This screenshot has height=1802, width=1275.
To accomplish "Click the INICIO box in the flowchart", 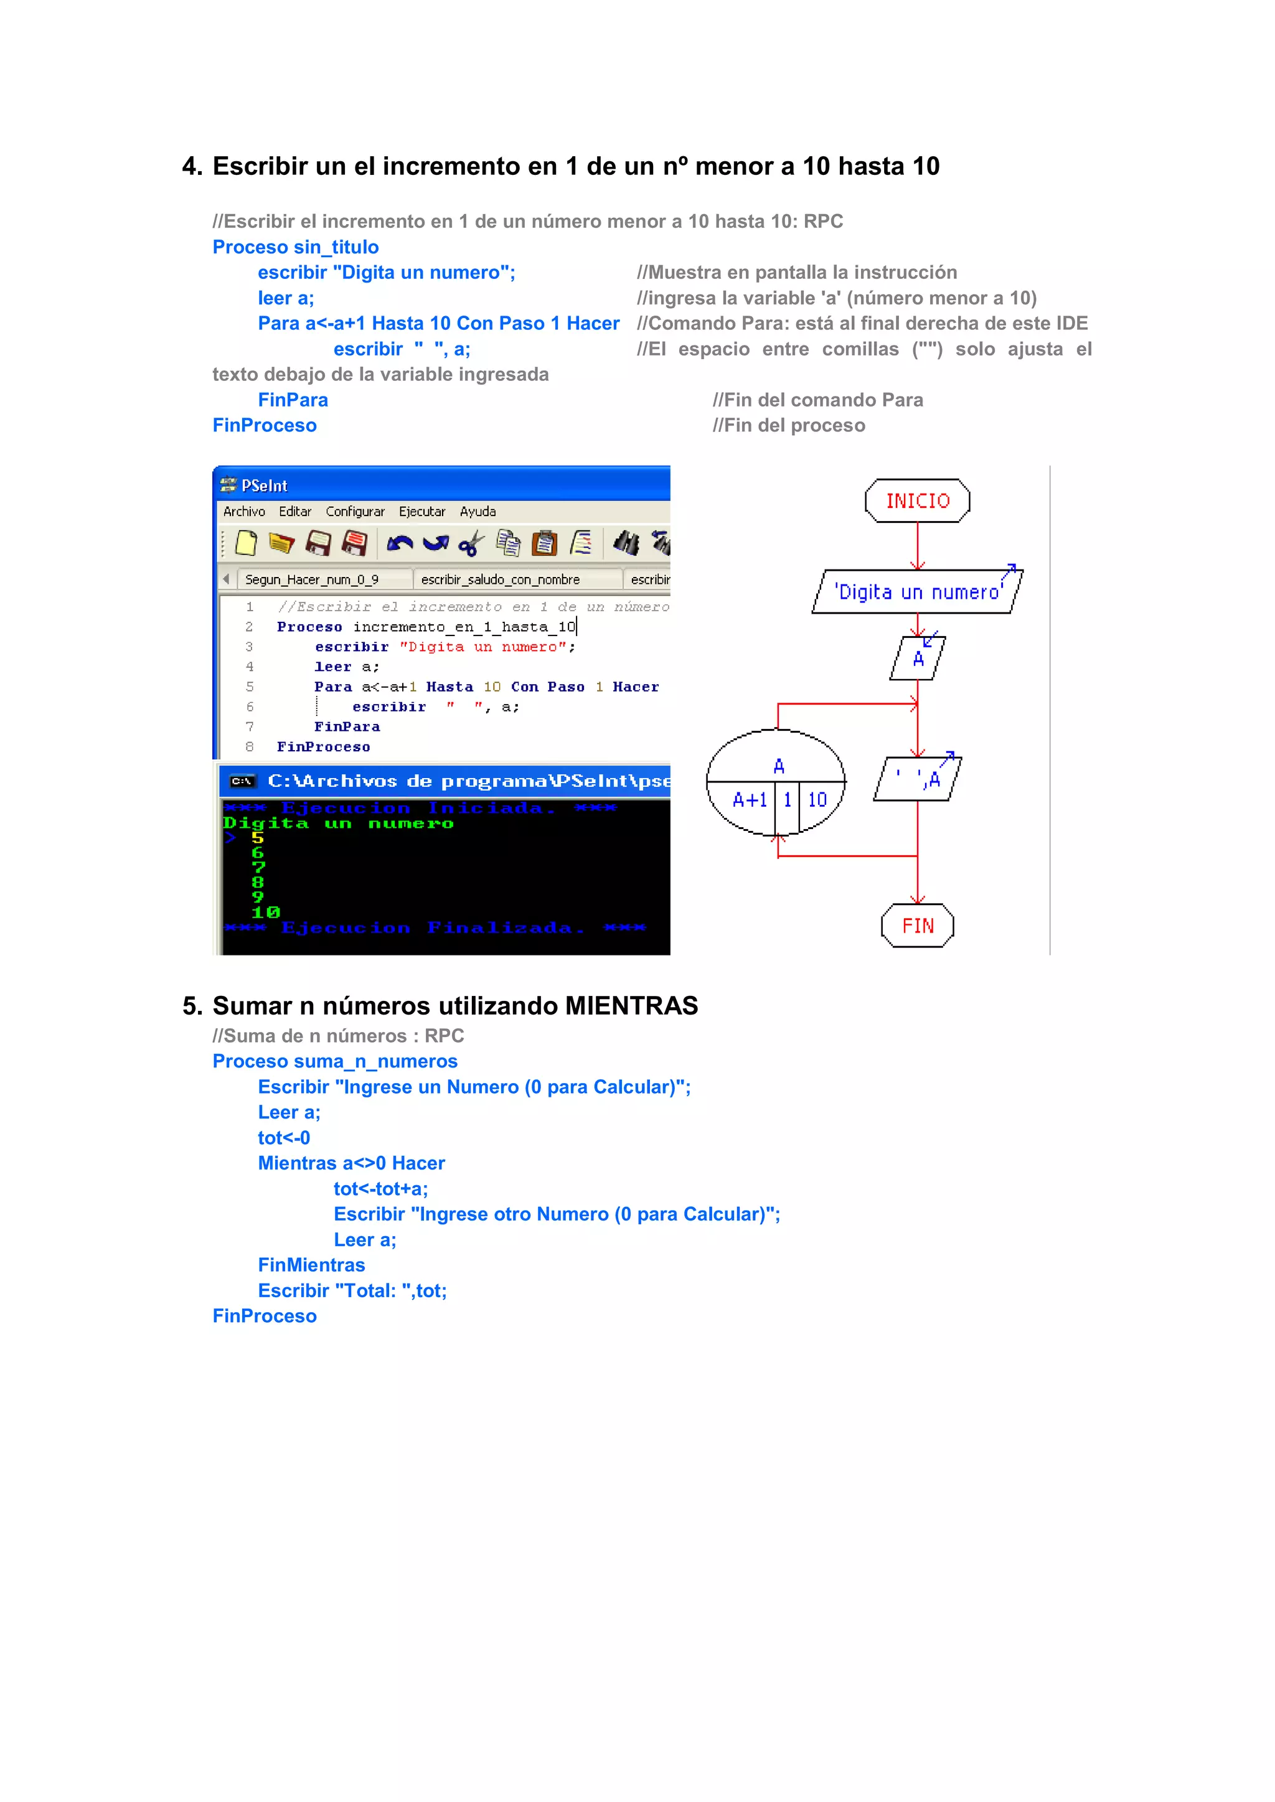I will click(x=917, y=500).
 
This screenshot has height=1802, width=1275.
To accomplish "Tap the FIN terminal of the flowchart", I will click(x=917, y=926).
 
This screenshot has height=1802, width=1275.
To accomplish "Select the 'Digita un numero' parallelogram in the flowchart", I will click(x=917, y=592).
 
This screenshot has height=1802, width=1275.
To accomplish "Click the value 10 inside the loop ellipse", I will click(x=817, y=800).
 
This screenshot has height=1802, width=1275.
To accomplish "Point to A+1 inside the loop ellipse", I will click(x=749, y=800).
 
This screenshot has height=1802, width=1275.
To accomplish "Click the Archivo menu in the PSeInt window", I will click(x=244, y=512).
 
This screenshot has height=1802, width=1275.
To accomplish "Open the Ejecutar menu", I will click(x=421, y=512).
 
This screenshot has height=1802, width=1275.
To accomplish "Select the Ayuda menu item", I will click(x=478, y=512).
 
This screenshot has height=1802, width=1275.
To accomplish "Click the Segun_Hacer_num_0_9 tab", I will click(x=312, y=580).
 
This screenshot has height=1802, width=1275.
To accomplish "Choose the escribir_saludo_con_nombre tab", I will click(x=500, y=580).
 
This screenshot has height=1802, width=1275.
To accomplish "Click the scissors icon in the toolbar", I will click(x=471, y=543).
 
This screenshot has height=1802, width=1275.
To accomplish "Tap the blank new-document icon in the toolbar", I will click(x=247, y=543).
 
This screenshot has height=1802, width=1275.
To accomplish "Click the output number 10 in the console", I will click(x=265, y=912).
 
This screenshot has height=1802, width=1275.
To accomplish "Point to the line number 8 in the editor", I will click(x=250, y=746).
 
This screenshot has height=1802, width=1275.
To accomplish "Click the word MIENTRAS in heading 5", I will click(x=631, y=1005).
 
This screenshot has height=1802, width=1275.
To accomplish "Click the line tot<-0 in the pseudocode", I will click(x=283, y=1137).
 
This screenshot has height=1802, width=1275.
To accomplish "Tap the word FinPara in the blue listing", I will click(x=293, y=400).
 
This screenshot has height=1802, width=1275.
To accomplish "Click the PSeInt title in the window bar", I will click(x=264, y=486).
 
